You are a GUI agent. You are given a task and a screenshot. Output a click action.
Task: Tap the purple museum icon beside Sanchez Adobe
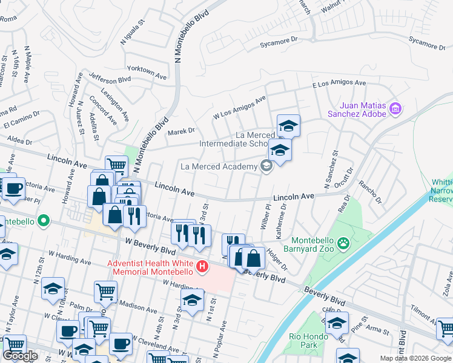396,109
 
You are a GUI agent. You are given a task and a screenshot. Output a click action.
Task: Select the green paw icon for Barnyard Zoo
344,243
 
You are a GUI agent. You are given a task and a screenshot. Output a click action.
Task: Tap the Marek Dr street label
181,130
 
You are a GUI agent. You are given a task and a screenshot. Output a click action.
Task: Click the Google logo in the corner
21,356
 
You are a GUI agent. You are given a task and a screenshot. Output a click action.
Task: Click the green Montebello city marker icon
43,221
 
